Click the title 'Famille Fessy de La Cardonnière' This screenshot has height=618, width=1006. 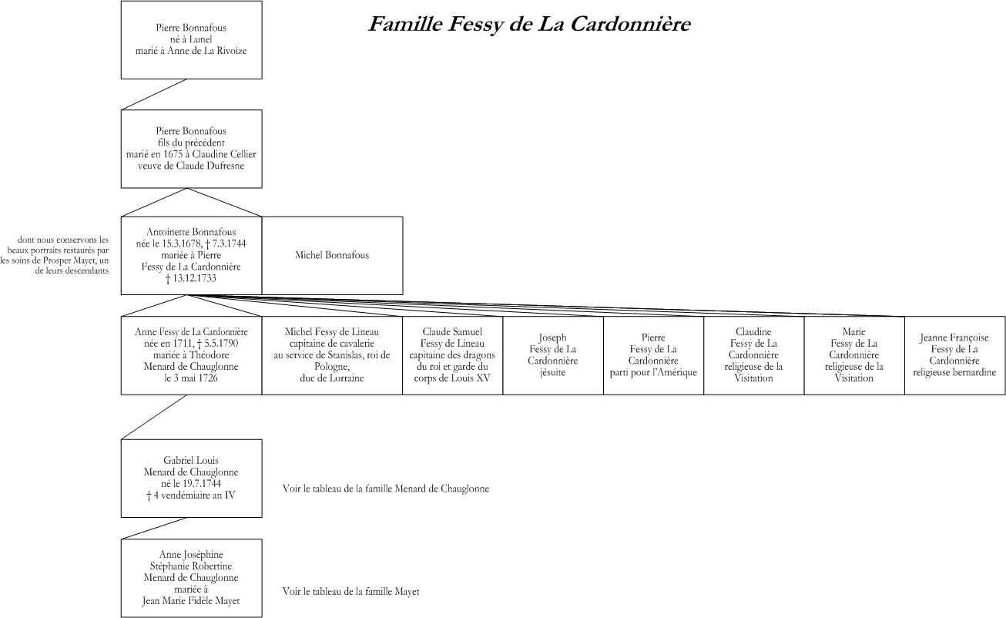coord(529,24)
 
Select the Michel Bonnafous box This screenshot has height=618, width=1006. coord(332,256)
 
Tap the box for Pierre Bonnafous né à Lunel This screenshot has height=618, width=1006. coord(191,40)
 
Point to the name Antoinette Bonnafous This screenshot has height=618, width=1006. coord(191,232)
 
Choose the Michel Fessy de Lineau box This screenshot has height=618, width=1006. coord(332,355)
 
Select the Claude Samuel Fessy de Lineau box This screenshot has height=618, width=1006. coord(452,355)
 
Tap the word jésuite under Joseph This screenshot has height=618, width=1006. coord(553,372)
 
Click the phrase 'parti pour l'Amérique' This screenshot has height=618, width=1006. coord(653,372)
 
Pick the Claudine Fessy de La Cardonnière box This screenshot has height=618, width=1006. coord(753,355)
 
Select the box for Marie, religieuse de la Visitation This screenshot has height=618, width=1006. coord(854,355)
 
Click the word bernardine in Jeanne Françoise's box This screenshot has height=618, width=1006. coord(975,372)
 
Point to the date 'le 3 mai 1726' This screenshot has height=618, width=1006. coord(191,378)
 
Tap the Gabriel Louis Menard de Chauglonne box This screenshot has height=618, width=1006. coord(191,479)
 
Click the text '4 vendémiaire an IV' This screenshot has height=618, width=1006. coord(194,495)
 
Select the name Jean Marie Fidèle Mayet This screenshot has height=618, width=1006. coord(191,601)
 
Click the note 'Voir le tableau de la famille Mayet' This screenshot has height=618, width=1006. coord(350,592)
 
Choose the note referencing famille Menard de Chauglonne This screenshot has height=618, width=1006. coord(386,489)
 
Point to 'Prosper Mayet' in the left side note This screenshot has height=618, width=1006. coord(69,260)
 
